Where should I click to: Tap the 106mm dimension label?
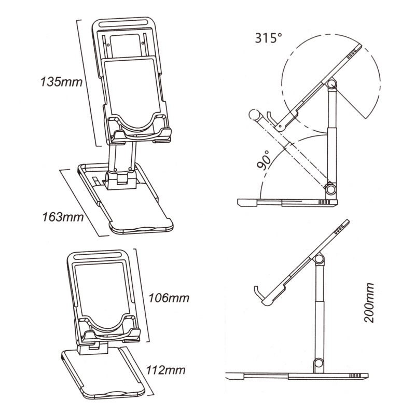coord(168,298)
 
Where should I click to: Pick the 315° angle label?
coord(269,37)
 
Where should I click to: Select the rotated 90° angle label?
coord(264,159)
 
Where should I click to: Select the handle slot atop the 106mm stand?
coord(98,256)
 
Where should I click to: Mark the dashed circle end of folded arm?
coord(254,114)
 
